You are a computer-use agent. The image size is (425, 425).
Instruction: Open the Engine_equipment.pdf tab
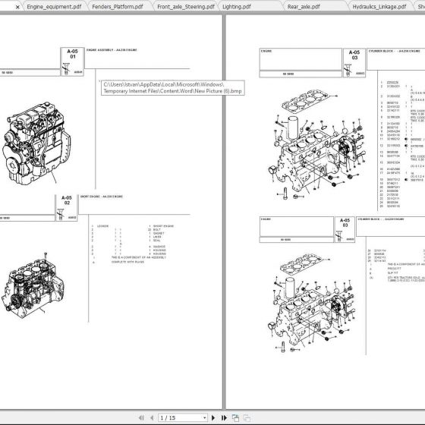53,6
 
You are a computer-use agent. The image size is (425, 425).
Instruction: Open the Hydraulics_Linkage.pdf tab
379,6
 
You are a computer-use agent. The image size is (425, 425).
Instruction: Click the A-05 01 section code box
73,54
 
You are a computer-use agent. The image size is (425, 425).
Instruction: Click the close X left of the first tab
7,6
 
